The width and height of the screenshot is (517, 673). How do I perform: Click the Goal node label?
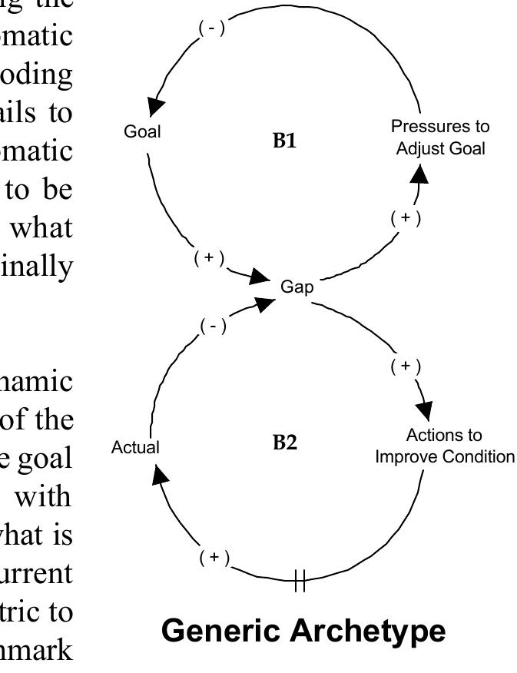143,131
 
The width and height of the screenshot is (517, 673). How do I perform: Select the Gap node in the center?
297,287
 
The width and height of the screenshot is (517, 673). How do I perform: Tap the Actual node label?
135,447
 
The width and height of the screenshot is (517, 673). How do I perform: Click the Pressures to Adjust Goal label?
440,137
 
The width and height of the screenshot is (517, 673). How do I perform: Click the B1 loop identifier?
284,140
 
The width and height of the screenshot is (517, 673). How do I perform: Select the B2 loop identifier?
284,443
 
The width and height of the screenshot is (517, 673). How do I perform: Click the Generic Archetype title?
303,632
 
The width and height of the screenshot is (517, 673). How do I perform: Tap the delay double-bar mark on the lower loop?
300,582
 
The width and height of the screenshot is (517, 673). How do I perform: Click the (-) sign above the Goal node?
212,28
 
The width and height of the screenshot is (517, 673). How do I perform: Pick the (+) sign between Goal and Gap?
209,258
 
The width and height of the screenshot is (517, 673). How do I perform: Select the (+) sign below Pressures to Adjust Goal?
406,218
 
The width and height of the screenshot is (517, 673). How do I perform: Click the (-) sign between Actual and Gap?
214,327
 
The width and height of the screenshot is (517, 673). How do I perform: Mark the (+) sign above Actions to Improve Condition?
406,366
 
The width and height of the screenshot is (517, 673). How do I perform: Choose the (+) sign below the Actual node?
214,557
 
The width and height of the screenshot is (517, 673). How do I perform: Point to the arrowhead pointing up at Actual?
159,475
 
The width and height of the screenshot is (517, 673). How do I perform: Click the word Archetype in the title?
368,632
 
